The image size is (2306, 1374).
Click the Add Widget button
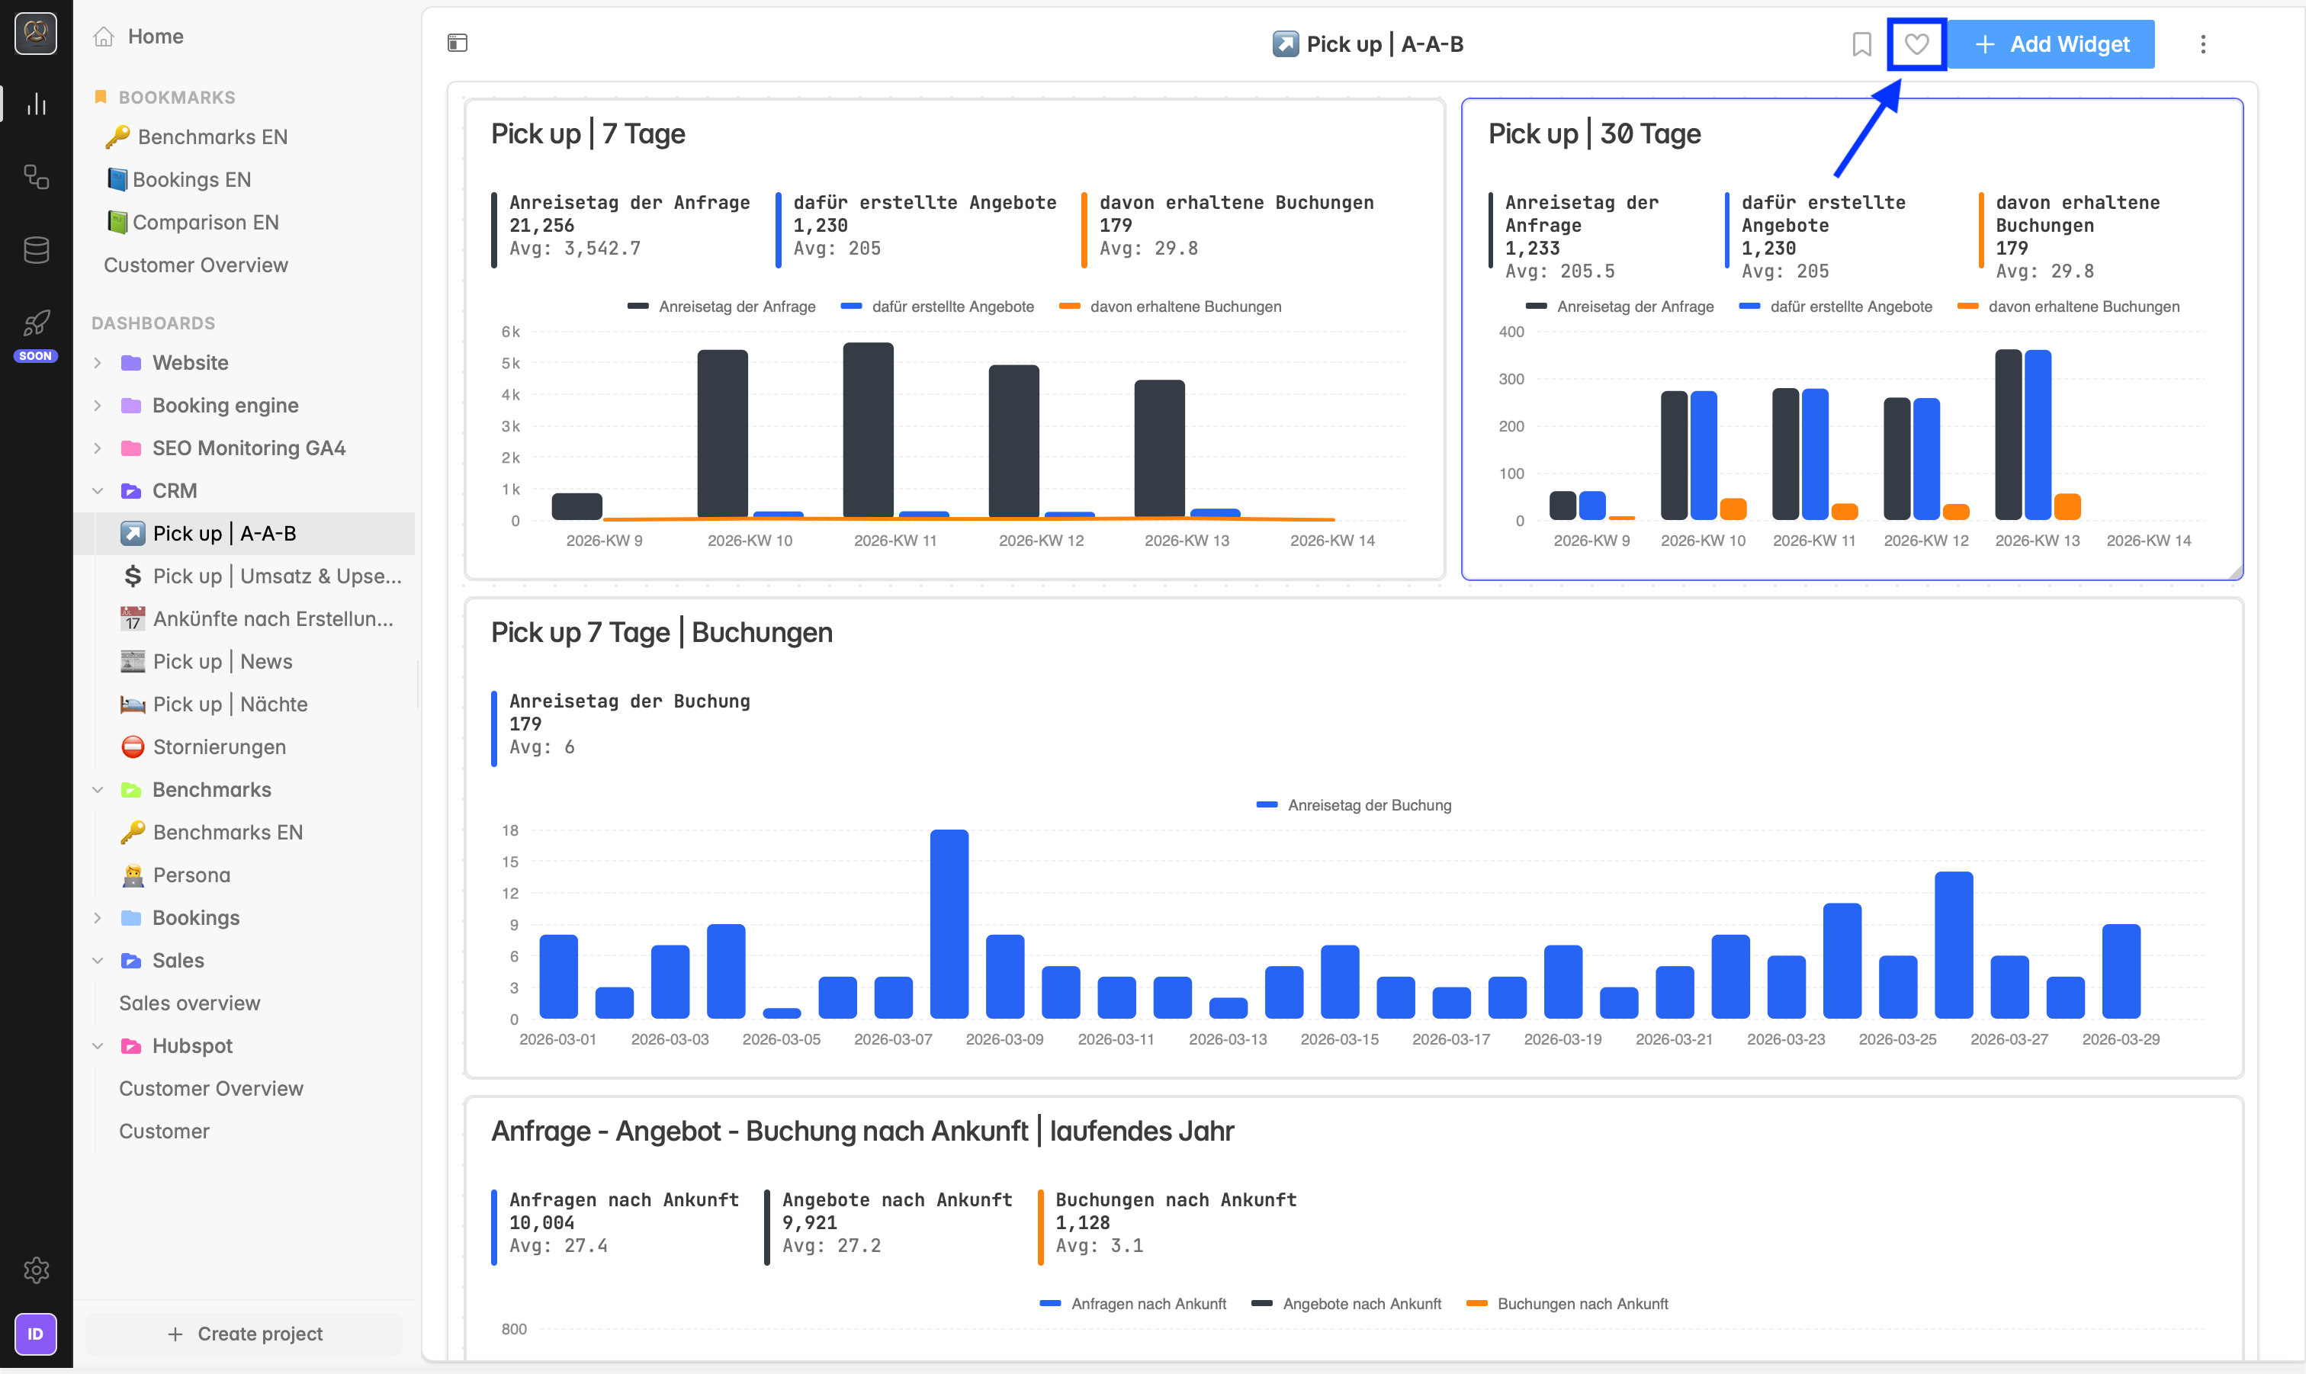pyautogui.click(x=2051, y=43)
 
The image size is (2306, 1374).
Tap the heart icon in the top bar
pyautogui.click(x=1916, y=43)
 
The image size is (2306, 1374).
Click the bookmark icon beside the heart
pyautogui.click(x=1861, y=43)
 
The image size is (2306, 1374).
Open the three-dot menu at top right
pyautogui.click(x=2203, y=43)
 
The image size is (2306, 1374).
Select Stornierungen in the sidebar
pyautogui.click(x=220, y=746)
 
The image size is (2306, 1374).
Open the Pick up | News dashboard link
pyautogui.click(x=222, y=661)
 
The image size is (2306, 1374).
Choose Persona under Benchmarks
pyautogui.click(x=191, y=875)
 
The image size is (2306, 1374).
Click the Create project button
pyautogui.click(x=244, y=1334)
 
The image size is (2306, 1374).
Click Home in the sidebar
pyautogui.click(x=156, y=36)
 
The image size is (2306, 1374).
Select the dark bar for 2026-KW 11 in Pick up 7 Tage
pyautogui.click(x=869, y=431)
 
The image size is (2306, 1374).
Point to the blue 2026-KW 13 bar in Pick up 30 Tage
pyautogui.click(x=2038, y=435)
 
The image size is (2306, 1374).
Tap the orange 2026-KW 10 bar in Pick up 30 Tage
pyautogui.click(x=1733, y=509)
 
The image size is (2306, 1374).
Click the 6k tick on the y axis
pyautogui.click(x=510, y=332)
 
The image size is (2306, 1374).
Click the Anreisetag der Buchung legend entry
pyautogui.click(x=1354, y=805)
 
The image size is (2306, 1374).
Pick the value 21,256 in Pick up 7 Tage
pyautogui.click(x=541, y=225)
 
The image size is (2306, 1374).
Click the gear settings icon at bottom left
pyautogui.click(x=36, y=1270)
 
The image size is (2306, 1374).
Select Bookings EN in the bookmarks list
pyautogui.click(x=180, y=180)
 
